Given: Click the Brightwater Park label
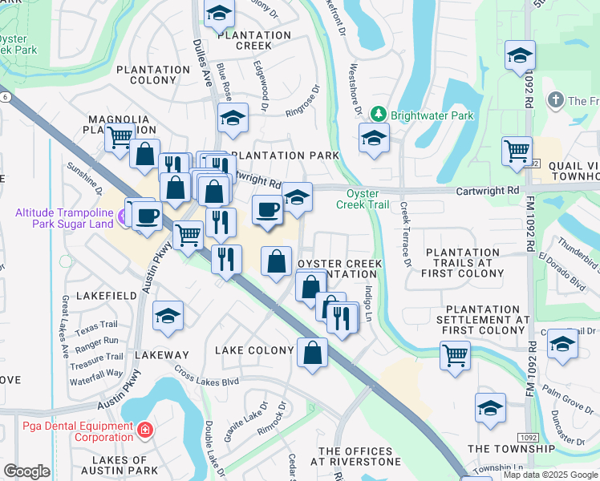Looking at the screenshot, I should click(x=432, y=115).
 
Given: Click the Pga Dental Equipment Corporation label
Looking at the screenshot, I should click(x=66, y=431).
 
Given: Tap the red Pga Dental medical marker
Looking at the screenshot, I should click(x=144, y=431).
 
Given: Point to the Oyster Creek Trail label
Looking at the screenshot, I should click(x=367, y=199).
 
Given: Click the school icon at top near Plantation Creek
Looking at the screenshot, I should click(x=218, y=12).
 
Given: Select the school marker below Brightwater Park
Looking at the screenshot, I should click(x=374, y=138).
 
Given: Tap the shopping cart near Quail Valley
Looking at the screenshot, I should click(x=517, y=150).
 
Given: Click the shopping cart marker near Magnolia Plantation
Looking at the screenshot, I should click(x=119, y=137).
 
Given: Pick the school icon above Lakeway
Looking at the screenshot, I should click(x=168, y=316).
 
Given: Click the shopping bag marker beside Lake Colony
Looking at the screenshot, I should click(x=312, y=351).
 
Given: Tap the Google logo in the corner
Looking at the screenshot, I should click(x=26, y=471).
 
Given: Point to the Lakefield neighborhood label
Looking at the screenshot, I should click(x=106, y=296).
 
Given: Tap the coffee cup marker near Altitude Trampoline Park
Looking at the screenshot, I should click(x=147, y=215).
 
